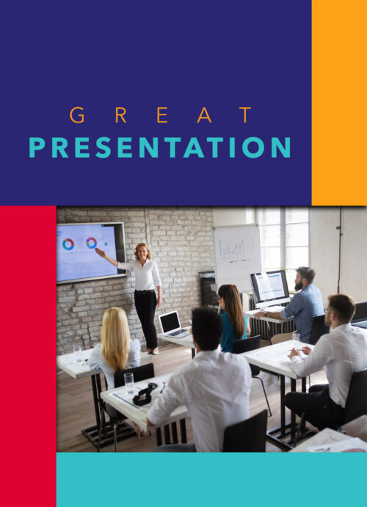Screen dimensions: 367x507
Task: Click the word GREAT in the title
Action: (161, 115)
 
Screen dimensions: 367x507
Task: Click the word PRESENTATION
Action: (160, 147)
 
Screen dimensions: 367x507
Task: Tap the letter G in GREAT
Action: (77, 115)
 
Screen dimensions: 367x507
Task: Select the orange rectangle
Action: (339, 103)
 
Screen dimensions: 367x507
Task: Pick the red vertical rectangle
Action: (28, 356)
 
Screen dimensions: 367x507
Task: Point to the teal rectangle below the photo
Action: (211, 480)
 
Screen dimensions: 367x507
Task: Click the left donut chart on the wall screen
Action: (68, 244)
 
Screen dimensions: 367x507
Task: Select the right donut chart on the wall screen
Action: (91, 243)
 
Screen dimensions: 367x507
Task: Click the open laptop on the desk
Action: (173, 325)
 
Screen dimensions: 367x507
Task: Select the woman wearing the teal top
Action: (233, 318)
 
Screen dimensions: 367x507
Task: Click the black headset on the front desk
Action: (145, 394)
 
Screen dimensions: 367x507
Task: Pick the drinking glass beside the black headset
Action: (128, 383)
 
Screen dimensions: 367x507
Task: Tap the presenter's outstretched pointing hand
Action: (98, 251)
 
